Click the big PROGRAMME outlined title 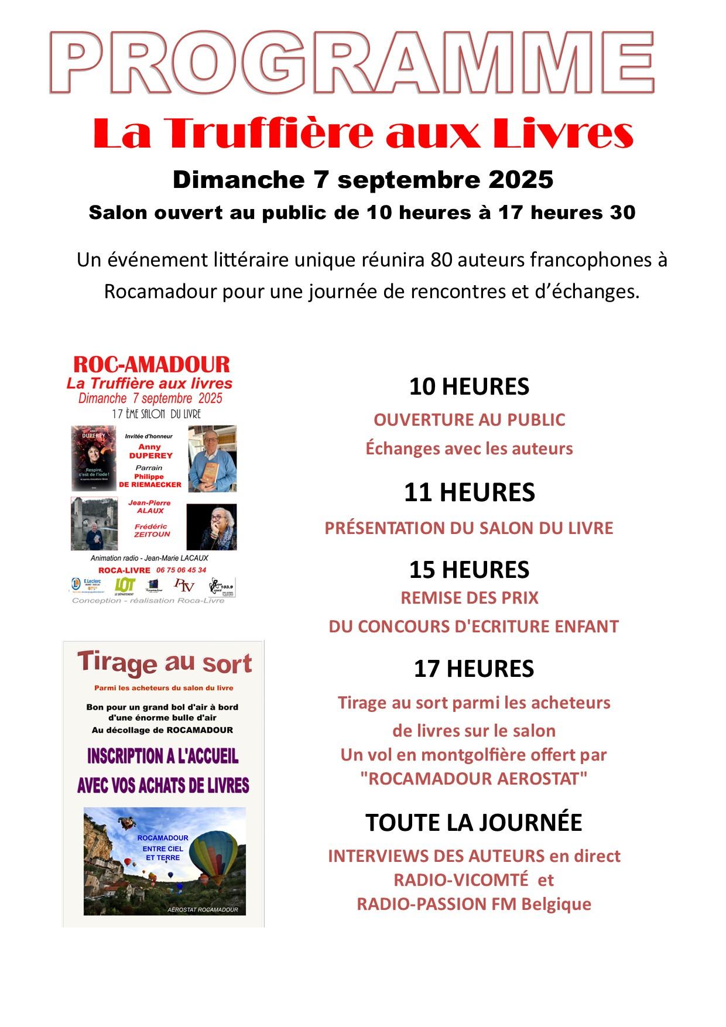tap(351, 63)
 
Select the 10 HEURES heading tap(469, 387)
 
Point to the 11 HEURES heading tap(469, 493)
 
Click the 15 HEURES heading tap(469, 569)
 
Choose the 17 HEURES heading tap(474, 669)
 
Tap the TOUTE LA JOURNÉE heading tap(474, 823)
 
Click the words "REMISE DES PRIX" tap(469, 598)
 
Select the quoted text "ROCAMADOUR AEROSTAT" tap(474, 779)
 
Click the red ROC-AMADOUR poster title tap(151, 365)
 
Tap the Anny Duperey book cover tap(93, 458)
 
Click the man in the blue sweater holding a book tap(212, 458)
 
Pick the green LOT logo tap(125, 584)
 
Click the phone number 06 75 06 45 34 tap(181, 570)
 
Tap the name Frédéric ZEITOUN tap(151, 530)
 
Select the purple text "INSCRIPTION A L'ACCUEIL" tap(163, 756)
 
